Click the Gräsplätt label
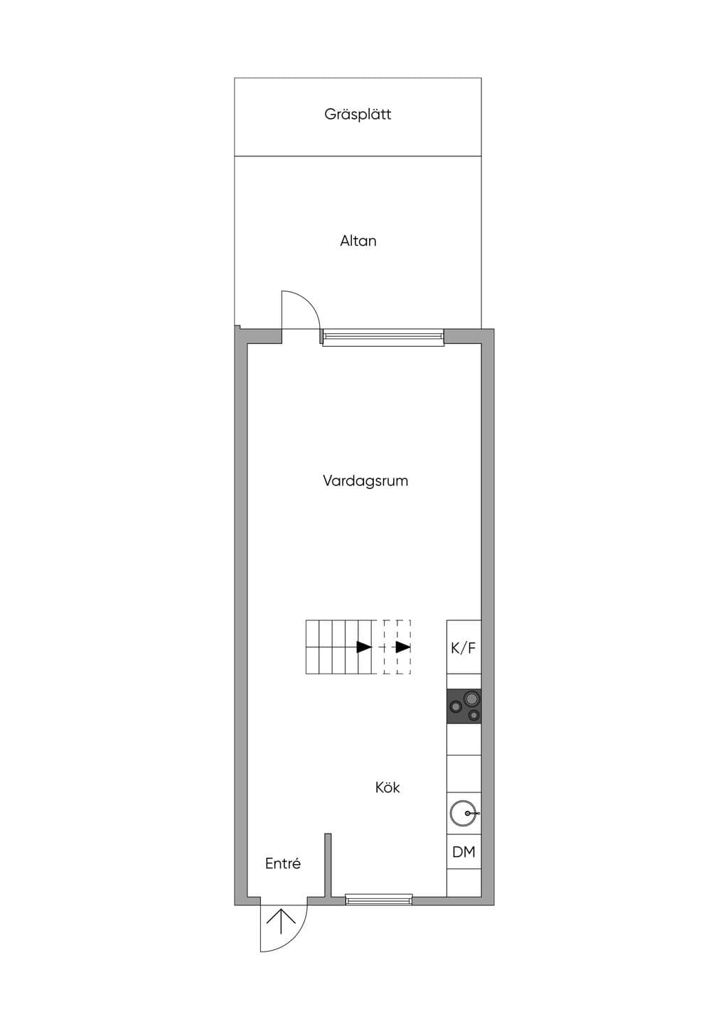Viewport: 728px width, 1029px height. [358, 114]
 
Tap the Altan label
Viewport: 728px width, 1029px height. [358, 241]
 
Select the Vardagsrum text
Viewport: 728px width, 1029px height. [365, 481]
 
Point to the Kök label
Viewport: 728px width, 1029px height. [387, 787]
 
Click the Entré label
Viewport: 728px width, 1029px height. [283, 863]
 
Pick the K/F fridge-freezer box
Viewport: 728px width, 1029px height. [464, 647]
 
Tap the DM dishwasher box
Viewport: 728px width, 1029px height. [464, 851]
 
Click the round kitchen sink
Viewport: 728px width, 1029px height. [462, 813]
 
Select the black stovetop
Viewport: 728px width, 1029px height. [464, 706]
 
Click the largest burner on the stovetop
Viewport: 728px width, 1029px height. [471, 699]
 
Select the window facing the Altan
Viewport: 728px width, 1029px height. [383, 338]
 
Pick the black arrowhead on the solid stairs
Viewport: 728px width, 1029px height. [364, 647]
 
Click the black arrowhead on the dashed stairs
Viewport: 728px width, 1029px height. [403, 647]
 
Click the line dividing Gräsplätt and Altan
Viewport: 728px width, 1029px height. [358, 156]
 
